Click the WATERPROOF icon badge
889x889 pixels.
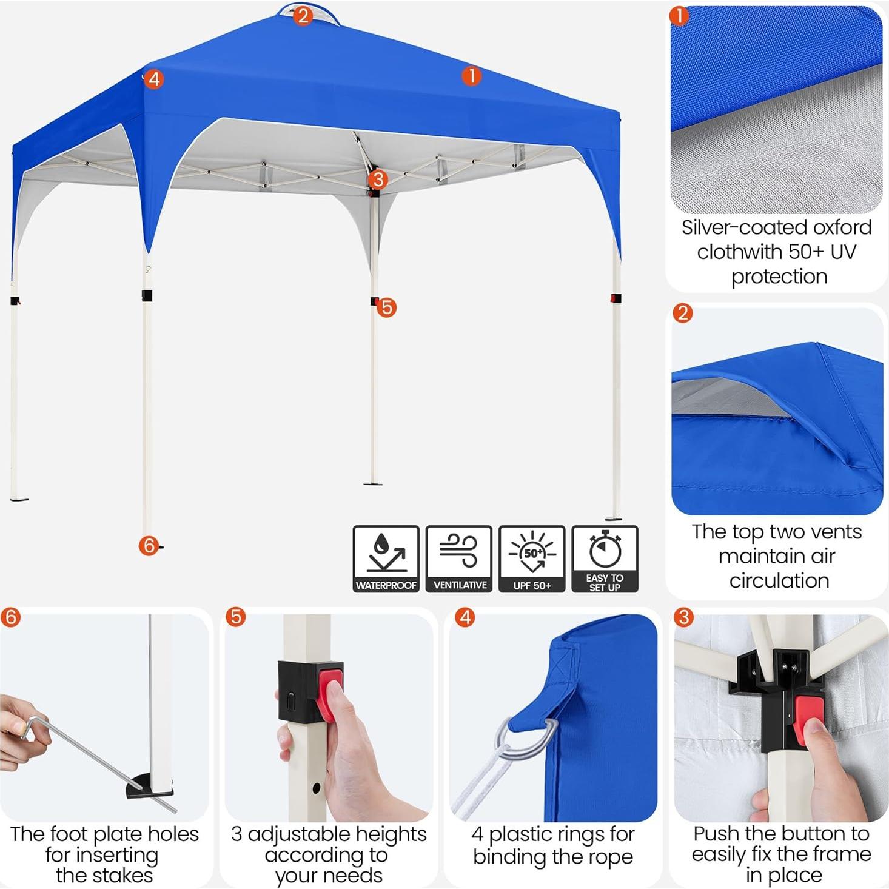(386, 559)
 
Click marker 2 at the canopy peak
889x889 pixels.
(303, 15)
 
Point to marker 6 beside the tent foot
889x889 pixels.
(149, 546)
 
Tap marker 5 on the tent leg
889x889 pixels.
(386, 307)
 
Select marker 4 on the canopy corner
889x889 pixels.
(154, 79)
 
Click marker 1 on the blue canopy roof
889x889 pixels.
(471, 76)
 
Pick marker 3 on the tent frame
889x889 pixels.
(378, 179)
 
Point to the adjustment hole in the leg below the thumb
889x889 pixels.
(317, 788)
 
